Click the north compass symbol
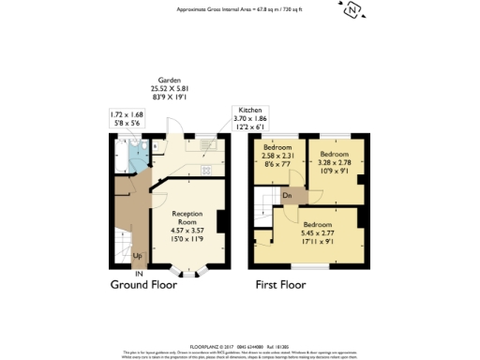[x=352, y=11]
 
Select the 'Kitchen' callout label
[x=248, y=109]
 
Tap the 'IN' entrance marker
[x=139, y=274]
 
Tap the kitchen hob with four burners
[x=205, y=171]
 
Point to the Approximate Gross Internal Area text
[x=239, y=10]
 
